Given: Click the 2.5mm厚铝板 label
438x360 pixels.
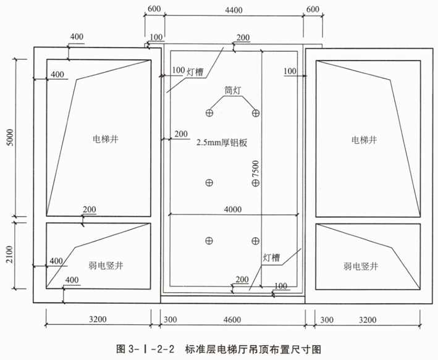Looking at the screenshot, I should [221, 142].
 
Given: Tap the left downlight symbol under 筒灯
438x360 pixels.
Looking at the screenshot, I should [210, 112].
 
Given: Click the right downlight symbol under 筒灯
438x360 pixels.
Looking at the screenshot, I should [255, 112].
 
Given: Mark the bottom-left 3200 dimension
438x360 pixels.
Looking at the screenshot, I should [97, 319].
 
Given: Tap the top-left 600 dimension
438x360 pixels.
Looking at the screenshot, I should [154, 9].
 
